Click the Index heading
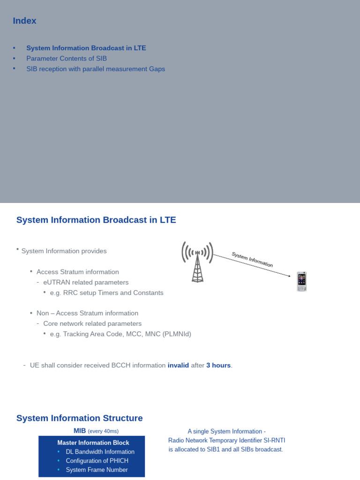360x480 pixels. click(24, 21)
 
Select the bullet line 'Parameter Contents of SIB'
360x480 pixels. click(67, 59)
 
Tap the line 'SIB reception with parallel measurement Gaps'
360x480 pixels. click(96, 69)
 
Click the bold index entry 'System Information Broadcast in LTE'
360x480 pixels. click(86, 48)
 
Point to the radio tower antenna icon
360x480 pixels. click(197, 261)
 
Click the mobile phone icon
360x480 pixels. click(302, 281)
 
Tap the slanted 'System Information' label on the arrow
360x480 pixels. click(252, 260)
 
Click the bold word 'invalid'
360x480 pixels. click(178, 365)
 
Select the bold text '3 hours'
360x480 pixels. click(218, 365)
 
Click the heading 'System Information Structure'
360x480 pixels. click(79, 418)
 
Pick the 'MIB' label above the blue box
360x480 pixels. click(80, 431)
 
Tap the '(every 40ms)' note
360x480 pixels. click(103, 431)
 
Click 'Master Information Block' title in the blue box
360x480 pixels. click(93, 442)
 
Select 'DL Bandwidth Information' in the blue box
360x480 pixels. click(100, 452)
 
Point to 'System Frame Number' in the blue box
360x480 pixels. click(97, 470)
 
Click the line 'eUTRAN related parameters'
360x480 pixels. click(86, 282)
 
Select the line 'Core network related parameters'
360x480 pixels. click(92, 323)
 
